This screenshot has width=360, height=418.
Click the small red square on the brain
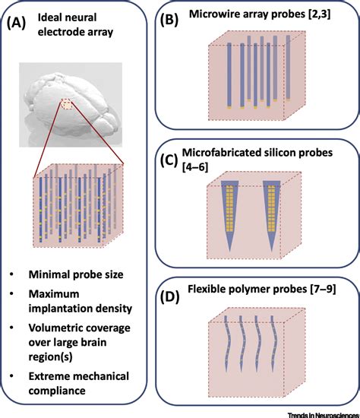(70, 104)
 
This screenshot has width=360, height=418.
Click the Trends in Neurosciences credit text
(319, 412)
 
